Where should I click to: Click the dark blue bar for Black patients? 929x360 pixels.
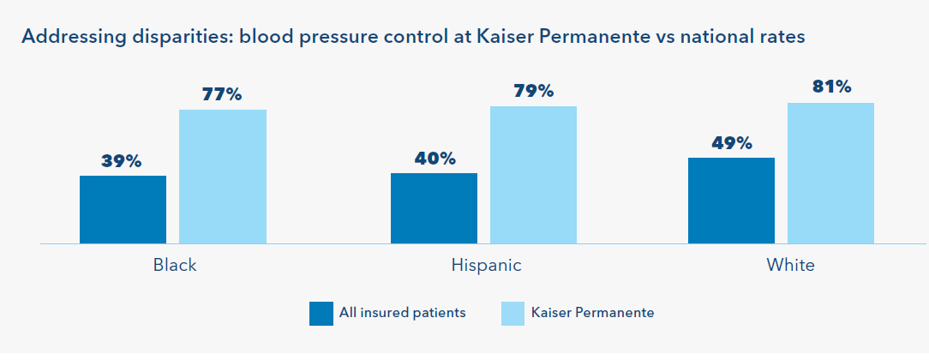point(123,210)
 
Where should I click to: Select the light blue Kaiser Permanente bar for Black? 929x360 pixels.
point(223,177)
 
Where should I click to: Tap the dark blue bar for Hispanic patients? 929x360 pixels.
point(434,208)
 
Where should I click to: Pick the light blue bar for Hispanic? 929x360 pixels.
point(533,175)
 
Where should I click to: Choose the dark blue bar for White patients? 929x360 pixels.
point(731,201)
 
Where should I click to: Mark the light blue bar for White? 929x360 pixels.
point(830,173)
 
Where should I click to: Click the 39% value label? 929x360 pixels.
point(122,161)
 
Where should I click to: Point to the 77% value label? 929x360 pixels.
point(222,94)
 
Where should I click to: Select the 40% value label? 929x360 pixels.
point(435,158)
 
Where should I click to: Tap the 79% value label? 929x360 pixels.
point(533,91)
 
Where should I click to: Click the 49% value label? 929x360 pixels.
point(731,143)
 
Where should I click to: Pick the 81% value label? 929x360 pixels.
point(830,87)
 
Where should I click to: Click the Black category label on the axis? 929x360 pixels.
point(175,265)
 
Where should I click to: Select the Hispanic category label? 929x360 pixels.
point(487,265)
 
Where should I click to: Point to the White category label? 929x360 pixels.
point(790,265)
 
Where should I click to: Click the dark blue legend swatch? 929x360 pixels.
point(321,314)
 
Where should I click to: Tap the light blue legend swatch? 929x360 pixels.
point(513,314)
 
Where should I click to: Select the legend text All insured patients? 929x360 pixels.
point(402,313)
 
